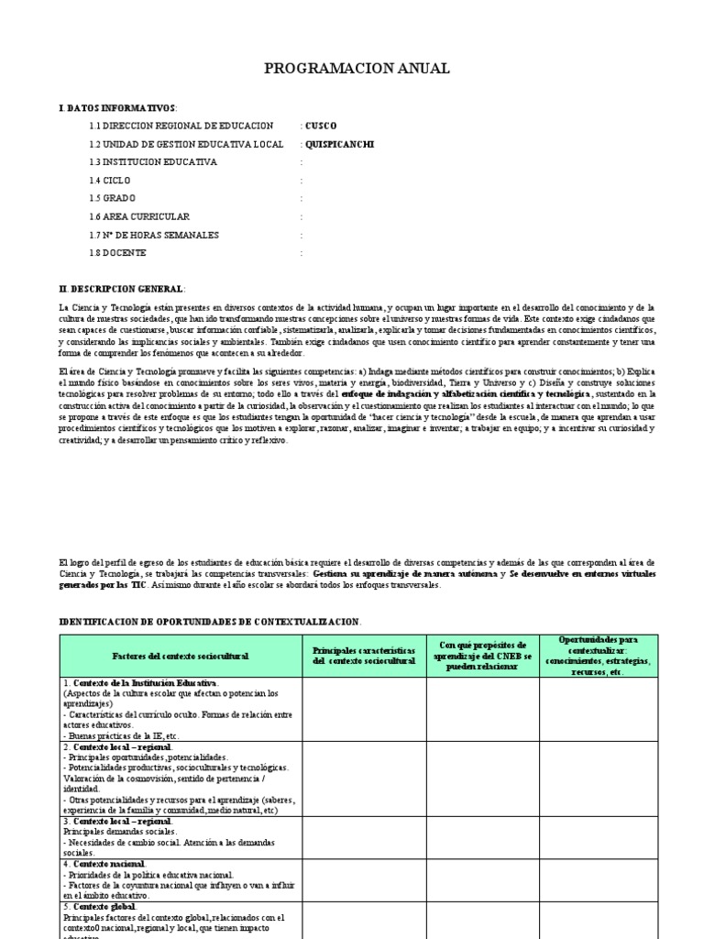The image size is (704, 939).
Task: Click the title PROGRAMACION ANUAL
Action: click(x=357, y=69)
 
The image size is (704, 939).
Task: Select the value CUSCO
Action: click(x=321, y=126)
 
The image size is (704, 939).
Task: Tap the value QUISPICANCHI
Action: click(x=339, y=144)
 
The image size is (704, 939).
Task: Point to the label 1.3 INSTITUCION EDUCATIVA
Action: click(x=153, y=162)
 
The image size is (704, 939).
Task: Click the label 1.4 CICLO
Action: click(x=111, y=181)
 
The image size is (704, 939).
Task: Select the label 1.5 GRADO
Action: click(x=113, y=198)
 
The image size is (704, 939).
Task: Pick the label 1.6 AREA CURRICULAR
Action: click(x=139, y=216)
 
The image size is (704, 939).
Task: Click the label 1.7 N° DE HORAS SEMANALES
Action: click(x=154, y=235)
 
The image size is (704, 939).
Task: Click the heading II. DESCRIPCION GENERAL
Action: click(x=121, y=289)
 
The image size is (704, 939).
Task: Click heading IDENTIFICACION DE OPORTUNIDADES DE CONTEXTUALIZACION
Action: click(x=210, y=621)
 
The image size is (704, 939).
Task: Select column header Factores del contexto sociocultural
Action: click(x=181, y=656)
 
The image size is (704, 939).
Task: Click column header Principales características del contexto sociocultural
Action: click(x=363, y=656)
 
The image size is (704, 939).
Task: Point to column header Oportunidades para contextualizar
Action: click(x=598, y=655)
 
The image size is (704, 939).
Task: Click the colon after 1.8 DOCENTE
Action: click(x=301, y=253)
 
